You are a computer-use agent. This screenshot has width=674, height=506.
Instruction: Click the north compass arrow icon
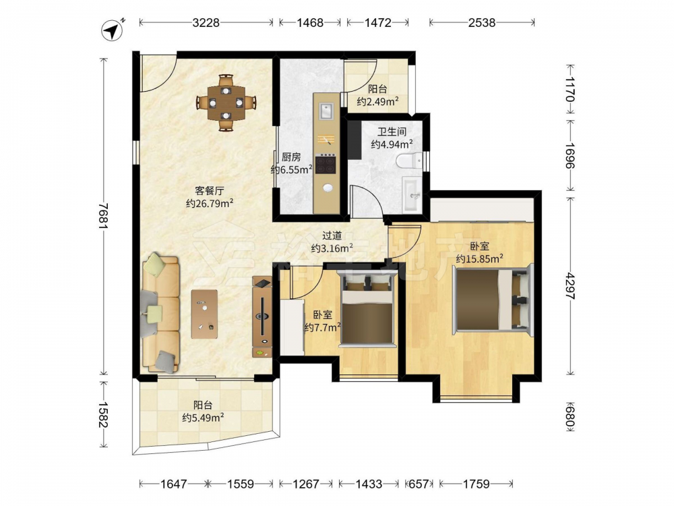pyautogui.click(x=113, y=30)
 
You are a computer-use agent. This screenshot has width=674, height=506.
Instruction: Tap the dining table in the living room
pyautogui.click(x=226, y=103)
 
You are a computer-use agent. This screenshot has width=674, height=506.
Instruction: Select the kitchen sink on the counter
pyautogui.click(x=326, y=111)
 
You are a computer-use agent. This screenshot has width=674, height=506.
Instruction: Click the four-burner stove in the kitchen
pyautogui.click(x=326, y=164)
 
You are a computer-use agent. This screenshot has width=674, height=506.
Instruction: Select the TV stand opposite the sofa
pyautogui.click(x=262, y=317)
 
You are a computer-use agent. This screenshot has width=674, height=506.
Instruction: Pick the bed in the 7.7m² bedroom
pyautogui.click(x=367, y=309)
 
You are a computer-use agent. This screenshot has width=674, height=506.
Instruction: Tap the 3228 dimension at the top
pyautogui.click(x=206, y=22)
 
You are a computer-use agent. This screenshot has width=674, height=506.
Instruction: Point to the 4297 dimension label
pyautogui.click(x=570, y=285)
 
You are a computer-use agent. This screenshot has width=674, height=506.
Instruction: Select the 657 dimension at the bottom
pyautogui.click(x=419, y=484)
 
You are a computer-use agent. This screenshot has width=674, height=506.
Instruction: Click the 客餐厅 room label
pyautogui.click(x=210, y=191)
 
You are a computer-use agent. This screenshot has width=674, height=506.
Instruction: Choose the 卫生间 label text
pyautogui.click(x=392, y=132)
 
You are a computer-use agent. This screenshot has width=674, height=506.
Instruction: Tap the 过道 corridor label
pyautogui.click(x=332, y=235)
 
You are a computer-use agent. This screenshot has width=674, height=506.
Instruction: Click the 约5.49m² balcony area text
pyautogui.click(x=203, y=418)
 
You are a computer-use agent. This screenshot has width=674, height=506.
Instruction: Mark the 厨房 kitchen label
pyautogui.click(x=291, y=157)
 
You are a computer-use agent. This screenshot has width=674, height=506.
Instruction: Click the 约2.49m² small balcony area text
pyautogui.click(x=377, y=102)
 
